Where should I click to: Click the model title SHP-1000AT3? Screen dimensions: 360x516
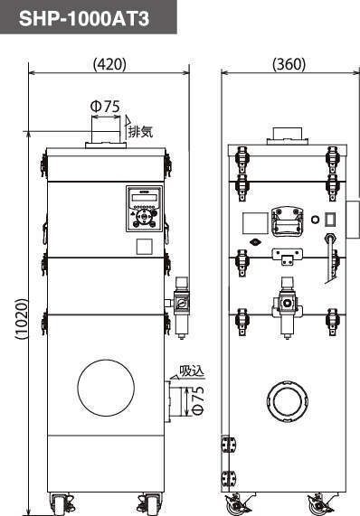84,18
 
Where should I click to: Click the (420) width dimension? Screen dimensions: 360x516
109,64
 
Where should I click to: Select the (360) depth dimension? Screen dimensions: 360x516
289,64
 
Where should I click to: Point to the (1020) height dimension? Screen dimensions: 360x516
22,319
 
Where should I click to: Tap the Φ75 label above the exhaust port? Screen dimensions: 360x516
106,107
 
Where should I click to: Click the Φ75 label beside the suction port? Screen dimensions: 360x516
197,400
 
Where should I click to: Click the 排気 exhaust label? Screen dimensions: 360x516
140,132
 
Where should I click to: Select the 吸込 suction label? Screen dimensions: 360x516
192,371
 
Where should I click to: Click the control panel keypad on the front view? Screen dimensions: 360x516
144,209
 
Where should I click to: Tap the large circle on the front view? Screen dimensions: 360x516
106,388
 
